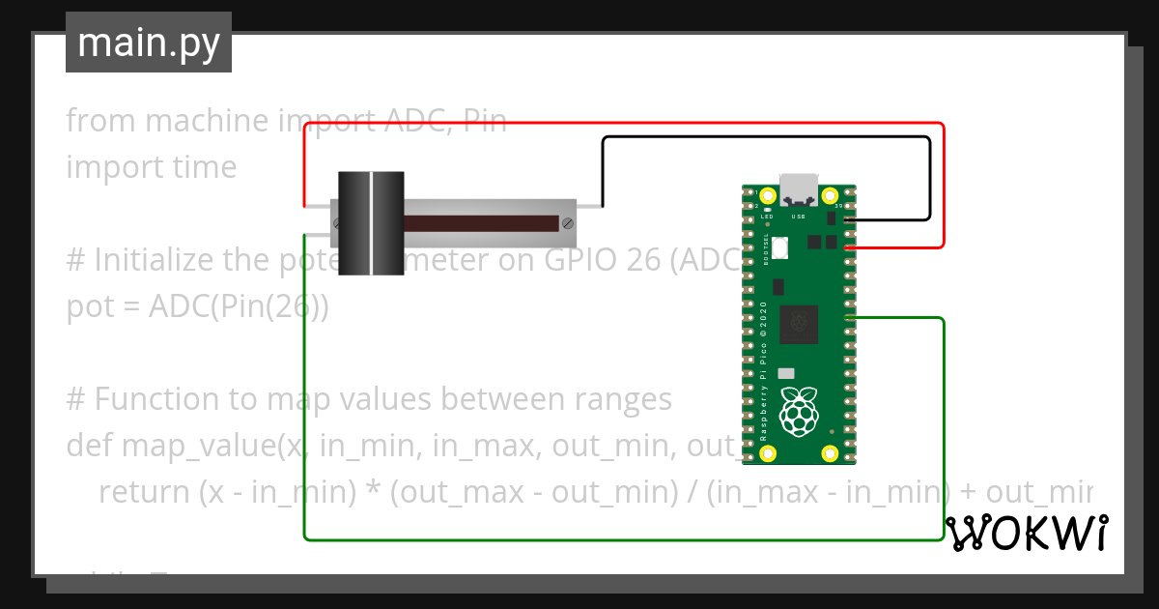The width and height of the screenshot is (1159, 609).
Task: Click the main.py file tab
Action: [149, 43]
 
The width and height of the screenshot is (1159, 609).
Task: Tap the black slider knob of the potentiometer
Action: [371, 223]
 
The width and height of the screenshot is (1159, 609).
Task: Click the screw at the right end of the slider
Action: [567, 223]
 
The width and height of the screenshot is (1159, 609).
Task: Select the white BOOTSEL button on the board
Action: [778, 249]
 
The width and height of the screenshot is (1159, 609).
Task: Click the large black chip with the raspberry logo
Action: [799, 323]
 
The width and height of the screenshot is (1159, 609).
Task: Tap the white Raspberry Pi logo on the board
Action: [799, 410]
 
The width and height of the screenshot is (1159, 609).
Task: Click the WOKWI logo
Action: [1027, 533]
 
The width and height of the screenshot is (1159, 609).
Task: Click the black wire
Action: [763, 137]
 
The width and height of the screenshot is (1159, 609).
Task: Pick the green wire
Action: [618, 538]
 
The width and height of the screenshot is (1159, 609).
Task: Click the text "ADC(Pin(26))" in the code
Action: [239, 306]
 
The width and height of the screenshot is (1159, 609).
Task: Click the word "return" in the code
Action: [144, 492]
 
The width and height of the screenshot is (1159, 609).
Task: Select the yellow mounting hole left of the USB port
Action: [767, 194]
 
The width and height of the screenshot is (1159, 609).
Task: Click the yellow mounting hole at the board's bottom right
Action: [830, 453]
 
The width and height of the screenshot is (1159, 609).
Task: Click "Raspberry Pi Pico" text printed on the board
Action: [763, 387]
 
